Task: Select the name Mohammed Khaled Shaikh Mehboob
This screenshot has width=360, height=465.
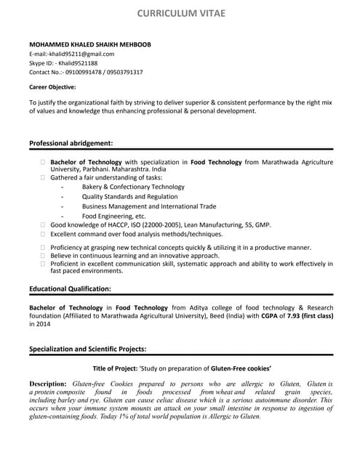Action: point(90,44)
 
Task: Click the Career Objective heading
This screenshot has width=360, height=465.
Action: point(52,87)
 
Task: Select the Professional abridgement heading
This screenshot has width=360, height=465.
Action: point(71,143)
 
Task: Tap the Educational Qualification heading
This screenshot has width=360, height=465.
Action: point(70,288)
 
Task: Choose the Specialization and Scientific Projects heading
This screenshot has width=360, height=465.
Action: point(87,349)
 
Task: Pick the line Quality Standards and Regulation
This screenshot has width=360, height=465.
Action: point(129,197)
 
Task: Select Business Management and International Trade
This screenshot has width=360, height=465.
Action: point(149,206)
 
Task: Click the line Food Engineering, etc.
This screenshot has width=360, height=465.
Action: point(114,216)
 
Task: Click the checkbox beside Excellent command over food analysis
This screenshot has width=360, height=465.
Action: point(44,235)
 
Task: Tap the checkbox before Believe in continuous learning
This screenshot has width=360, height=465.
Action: point(44,256)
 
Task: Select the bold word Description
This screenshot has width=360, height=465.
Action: point(48,383)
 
